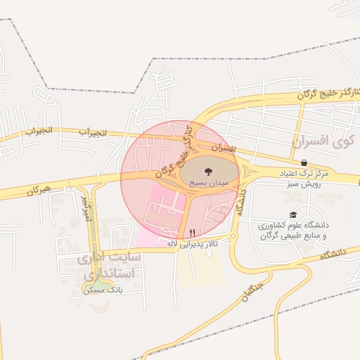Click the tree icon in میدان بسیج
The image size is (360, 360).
click(207, 171)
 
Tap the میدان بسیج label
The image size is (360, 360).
click(209, 182)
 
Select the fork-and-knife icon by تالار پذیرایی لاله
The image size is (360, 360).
click(192, 232)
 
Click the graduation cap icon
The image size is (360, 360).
click(293, 215)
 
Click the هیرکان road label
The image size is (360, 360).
click(40, 191)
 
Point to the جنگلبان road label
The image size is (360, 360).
click(255, 287)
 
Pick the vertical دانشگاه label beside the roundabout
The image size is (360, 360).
click(242, 200)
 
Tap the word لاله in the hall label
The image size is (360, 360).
click(172, 243)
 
